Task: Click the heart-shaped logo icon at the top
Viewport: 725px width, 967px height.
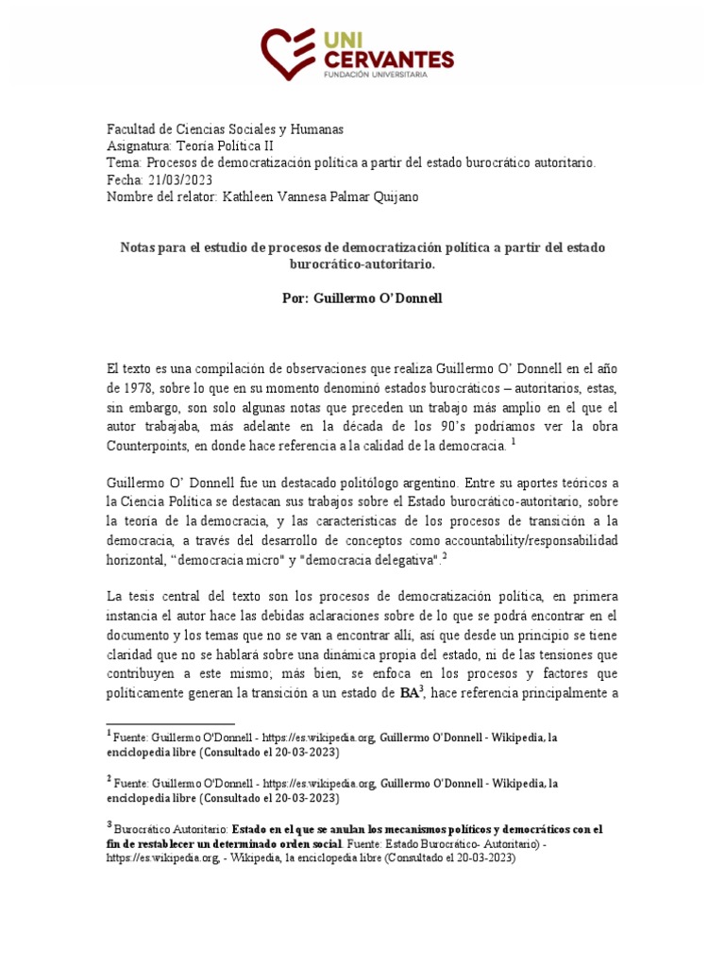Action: click(x=289, y=53)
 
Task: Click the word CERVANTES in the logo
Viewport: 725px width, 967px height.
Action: click(x=390, y=59)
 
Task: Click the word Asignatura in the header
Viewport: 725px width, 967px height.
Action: click(x=139, y=146)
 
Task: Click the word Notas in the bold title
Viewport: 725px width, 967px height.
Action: click(x=139, y=247)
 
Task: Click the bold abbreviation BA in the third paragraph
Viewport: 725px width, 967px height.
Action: click(x=409, y=694)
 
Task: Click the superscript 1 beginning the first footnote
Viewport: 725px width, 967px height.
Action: click(x=109, y=732)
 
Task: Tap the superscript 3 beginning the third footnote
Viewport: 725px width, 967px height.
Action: click(x=109, y=823)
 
